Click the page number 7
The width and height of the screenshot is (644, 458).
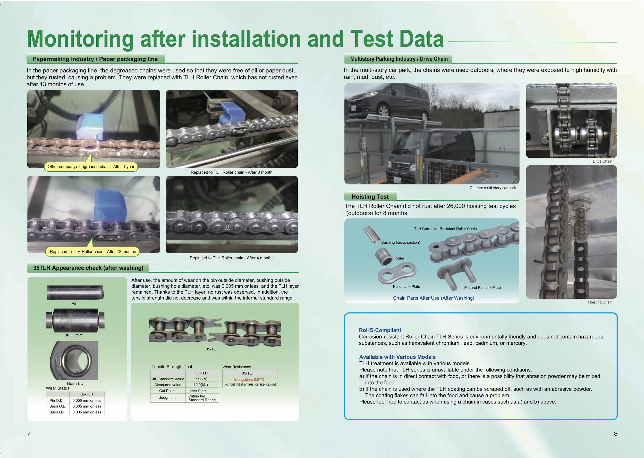click(x=29, y=434)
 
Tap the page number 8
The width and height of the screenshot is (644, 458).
click(x=615, y=434)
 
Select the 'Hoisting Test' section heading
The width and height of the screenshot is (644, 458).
click(x=370, y=197)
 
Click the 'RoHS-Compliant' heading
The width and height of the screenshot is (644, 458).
click(x=380, y=330)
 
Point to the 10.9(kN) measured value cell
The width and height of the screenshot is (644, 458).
click(x=201, y=385)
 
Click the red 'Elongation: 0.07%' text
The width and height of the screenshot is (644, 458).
click(x=249, y=379)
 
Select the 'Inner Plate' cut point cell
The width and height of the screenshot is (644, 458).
click(x=198, y=391)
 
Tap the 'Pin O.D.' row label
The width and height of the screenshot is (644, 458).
click(x=56, y=401)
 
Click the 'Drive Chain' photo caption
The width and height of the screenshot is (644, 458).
click(x=602, y=161)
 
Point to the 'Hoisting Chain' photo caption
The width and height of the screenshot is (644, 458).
click(x=600, y=302)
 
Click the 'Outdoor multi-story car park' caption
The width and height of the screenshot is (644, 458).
click(x=492, y=188)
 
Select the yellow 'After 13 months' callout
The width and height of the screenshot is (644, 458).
click(x=93, y=252)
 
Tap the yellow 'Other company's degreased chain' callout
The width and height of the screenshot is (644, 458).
click(x=91, y=167)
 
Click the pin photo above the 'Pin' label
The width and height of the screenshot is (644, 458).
click(x=75, y=292)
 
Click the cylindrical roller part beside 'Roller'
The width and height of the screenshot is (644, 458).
click(x=384, y=256)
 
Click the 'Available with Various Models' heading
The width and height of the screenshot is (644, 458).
click(x=397, y=357)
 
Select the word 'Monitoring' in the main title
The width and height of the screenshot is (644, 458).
click(x=80, y=39)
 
